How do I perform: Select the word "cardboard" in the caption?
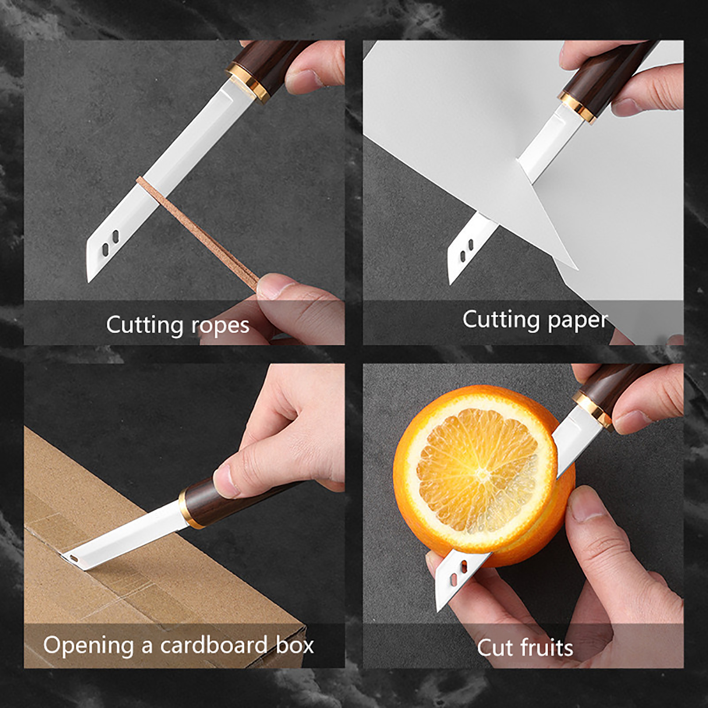[x=214, y=645]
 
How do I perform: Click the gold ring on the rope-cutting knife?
[x=248, y=81]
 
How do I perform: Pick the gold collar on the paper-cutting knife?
[x=578, y=107]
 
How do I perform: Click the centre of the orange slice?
[x=481, y=472]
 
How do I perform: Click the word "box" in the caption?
[x=295, y=645]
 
